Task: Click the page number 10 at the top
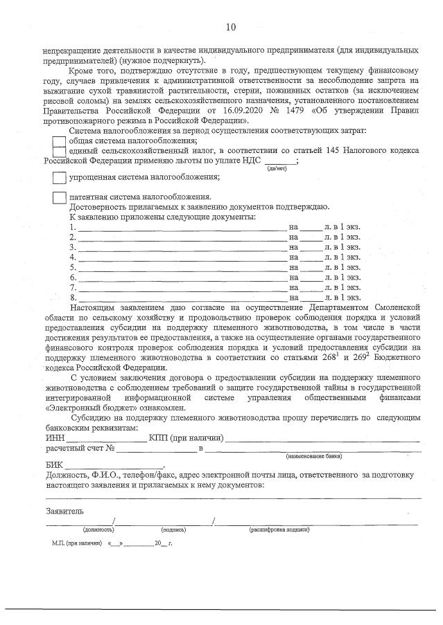(231, 27)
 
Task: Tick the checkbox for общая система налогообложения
(60, 141)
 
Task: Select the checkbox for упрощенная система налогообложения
(60, 177)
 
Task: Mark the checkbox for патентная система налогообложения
(60, 197)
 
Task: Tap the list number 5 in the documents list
(73, 267)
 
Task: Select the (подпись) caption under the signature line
(173, 529)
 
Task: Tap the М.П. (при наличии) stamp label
(72, 544)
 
